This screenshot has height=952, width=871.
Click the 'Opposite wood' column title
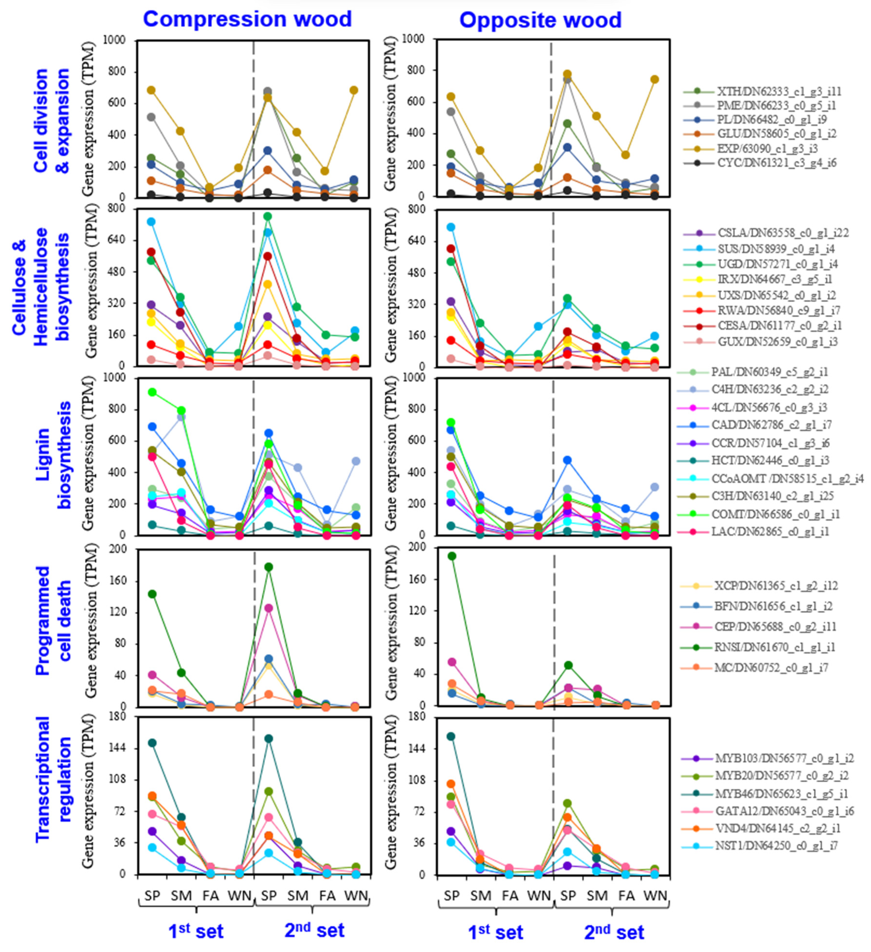click(x=540, y=20)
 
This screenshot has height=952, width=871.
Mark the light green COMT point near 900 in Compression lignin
click(x=152, y=392)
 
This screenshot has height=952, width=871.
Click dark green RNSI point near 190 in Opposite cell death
click(x=452, y=556)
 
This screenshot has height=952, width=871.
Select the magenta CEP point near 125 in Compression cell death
click(x=268, y=608)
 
